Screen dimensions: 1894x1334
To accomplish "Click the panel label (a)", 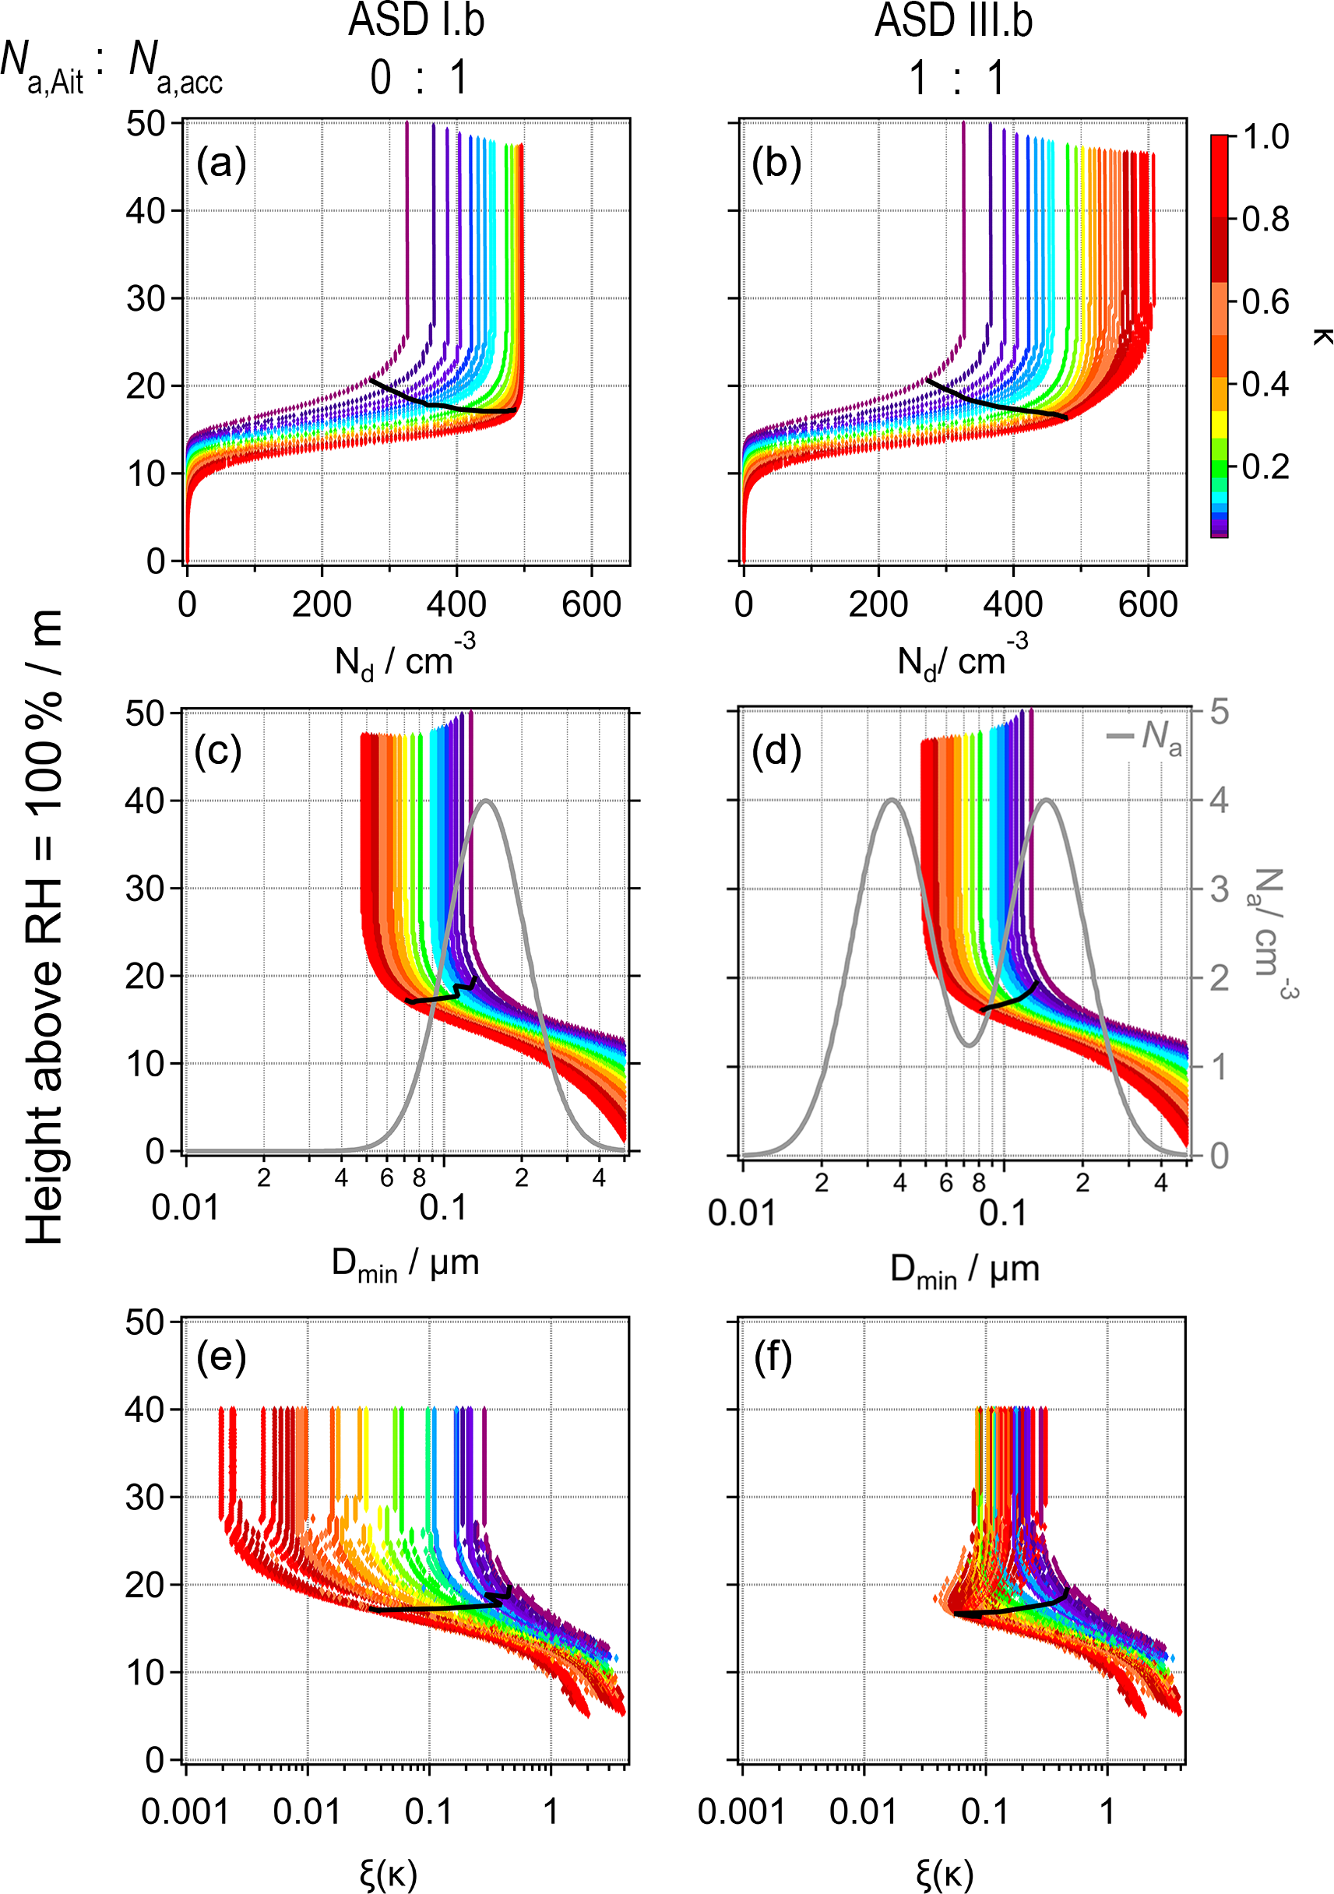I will click(221, 164).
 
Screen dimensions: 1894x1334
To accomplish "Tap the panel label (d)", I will click(776, 752).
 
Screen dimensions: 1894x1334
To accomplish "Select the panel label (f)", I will click(773, 1357).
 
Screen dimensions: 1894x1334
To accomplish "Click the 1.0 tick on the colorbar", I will click(1265, 137).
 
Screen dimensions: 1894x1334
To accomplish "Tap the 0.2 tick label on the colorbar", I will click(1265, 467).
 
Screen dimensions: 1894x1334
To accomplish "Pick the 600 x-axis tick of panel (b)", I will click(1148, 604).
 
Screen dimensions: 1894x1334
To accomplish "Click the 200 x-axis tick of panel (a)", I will click(322, 604).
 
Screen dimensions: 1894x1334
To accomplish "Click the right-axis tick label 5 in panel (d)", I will click(1219, 712).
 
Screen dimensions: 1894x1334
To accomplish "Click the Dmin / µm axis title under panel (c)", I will click(405, 1263).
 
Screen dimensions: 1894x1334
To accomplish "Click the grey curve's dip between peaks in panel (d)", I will click(970, 1046).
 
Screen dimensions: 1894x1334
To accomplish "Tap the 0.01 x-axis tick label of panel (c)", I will click(185, 1208).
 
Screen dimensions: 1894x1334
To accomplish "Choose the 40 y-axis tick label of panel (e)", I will click(144, 1410).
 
